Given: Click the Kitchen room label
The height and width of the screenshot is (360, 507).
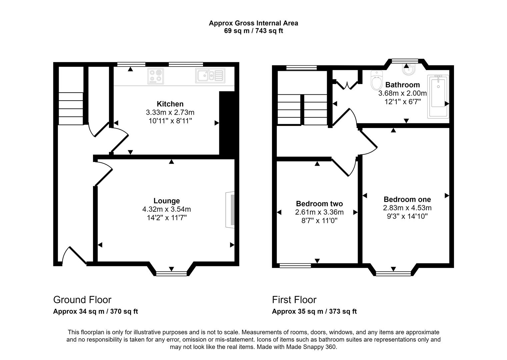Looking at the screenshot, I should pyautogui.click(x=170, y=104).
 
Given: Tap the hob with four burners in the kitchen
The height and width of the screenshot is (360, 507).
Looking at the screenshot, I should pyautogui.click(x=156, y=76).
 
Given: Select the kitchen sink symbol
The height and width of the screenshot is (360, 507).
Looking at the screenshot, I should pyautogui.click(x=210, y=76).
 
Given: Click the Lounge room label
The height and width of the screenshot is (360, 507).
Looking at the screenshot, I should pyautogui.click(x=166, y=201).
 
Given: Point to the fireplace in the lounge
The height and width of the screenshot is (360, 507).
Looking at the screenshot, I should pyautogui.click(x=230, y=210).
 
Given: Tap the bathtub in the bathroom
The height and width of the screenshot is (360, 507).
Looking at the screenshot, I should pyautogui.click(x=438, y=96).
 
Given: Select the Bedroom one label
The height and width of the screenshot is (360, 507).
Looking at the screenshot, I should pyautogui.click(x=407, y=199).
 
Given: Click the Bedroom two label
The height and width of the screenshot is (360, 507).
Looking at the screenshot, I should pyautogui.click(x=319, y=204).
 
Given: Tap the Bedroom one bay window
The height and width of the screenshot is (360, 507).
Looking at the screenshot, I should pyautogui.click(x=393, y=273).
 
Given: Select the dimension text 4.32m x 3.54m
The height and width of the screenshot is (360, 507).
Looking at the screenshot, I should pyautogui.click(x=166, y=209).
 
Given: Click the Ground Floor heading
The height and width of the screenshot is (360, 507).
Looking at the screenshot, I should pyautogui.click(x=82, y=300).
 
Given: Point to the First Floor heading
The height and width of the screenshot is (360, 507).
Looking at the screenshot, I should pyautogui.click(x=294, y=300).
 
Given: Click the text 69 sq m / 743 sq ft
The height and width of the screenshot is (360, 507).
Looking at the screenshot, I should pyautogui.click(x=253, y=31).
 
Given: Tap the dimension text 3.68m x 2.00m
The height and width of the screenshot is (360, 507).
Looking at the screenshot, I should pyautogui.click(x=402, y=93).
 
